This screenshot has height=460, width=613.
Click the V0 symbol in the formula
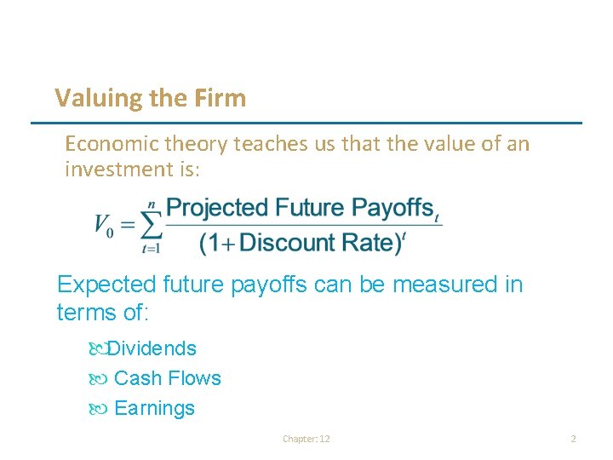click(103, 227)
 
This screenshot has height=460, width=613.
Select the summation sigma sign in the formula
click(150, 226)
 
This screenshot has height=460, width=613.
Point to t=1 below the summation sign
click(151, 249)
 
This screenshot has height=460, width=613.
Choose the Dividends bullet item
click(151, 348)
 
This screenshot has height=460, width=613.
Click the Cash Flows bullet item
click(167, 378)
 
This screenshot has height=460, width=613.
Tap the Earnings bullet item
click(154, 408)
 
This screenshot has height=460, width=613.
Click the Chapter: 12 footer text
click(306, 439)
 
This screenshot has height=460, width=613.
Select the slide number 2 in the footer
click(573, 439)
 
